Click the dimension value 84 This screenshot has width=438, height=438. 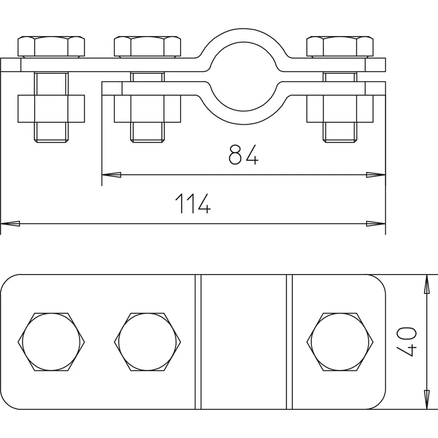[243, 154]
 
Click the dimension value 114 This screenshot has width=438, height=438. [193, 203]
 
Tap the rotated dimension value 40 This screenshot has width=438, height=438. [409, 342]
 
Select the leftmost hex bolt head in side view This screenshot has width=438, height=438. [51, 47]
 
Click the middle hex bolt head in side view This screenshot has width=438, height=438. [147, 47]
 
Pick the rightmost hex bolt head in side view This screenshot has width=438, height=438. [340, 47]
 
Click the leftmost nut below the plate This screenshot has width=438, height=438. [51, 108]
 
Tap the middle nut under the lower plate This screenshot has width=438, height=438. [147, 108]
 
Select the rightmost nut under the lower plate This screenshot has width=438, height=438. [340, 108]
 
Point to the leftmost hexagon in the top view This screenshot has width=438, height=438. [51, 341]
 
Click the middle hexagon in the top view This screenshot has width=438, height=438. [147, 341]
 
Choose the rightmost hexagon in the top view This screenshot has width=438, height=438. [340, 341]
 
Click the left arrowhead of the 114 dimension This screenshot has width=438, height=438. [11, 224]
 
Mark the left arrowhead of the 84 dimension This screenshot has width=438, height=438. [111, 174]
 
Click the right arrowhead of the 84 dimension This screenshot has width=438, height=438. [376, 174]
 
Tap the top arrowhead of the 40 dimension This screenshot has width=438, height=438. [427, 284]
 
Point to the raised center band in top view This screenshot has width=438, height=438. [243, 342]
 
